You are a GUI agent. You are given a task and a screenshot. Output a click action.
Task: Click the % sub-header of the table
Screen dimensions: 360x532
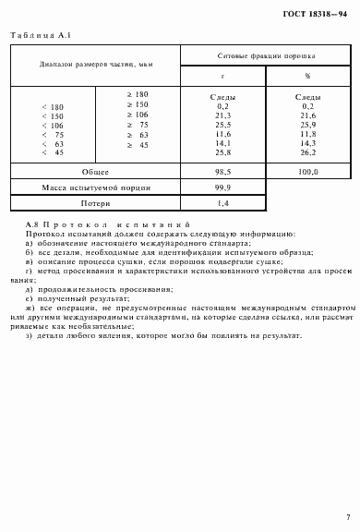[307, 78]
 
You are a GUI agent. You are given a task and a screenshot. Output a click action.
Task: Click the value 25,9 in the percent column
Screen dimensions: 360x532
[308, 123]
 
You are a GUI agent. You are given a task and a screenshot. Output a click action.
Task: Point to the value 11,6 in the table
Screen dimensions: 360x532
[222, 133]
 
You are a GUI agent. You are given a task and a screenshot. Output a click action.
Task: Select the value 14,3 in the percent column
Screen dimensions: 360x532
[308, 143]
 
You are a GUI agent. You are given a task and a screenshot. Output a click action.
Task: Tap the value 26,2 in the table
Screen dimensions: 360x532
[308, 152]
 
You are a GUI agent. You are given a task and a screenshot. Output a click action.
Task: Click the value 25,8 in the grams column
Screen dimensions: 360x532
[222, 152]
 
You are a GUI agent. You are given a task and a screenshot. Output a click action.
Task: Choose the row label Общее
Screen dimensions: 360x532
[95, 172]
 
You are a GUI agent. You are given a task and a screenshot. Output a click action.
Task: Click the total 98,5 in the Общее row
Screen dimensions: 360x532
[222, 172]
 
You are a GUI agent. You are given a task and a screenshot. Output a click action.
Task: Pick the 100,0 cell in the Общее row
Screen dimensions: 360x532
[308, 172]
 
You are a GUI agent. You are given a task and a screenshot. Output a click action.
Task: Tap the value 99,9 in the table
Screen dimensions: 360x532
[222, 187]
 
